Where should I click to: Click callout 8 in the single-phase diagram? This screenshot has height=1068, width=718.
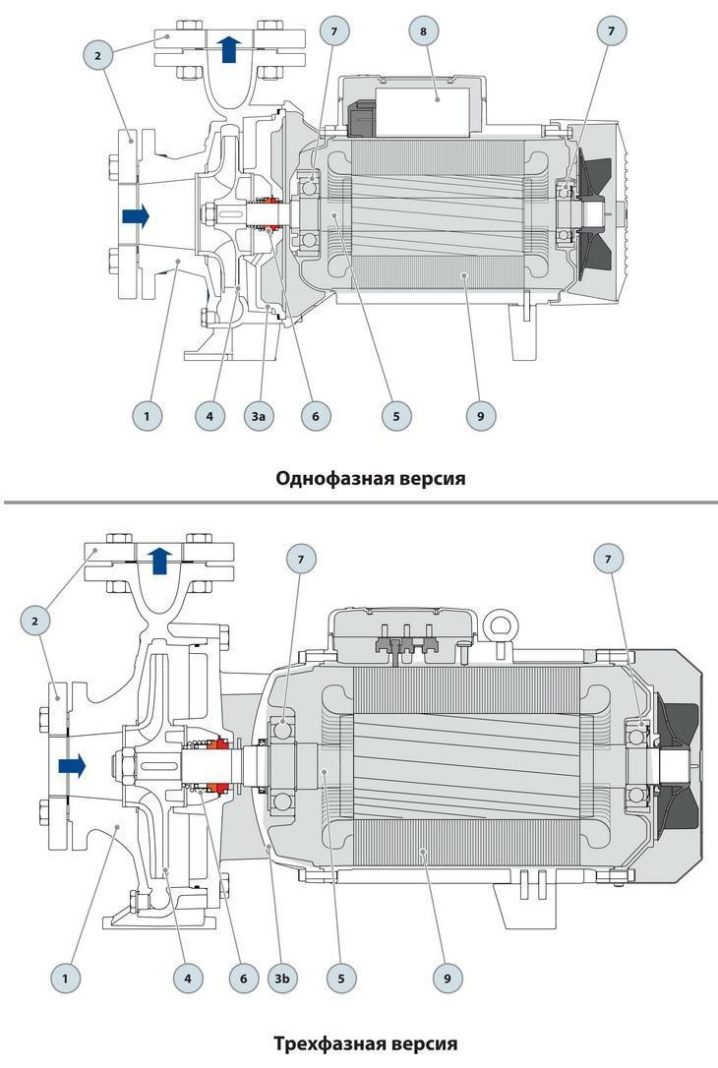coord(424,31)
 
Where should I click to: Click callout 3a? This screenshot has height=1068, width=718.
coord(259,416)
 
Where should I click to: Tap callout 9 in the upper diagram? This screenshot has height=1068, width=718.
coord(481,416)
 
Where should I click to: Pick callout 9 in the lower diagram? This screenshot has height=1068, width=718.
coord(447,979)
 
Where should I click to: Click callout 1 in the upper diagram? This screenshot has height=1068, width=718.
coord(147,416)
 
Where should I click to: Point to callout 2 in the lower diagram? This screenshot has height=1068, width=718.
coord(35,621)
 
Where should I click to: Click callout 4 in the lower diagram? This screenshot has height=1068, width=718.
coord(187,979)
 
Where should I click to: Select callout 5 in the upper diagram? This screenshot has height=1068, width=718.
coord(396,416)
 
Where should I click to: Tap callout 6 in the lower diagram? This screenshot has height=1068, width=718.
coord(242,979)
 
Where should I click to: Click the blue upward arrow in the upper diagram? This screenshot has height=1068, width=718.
coord(229,48)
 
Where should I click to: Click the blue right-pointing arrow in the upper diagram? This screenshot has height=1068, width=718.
coord(135,215)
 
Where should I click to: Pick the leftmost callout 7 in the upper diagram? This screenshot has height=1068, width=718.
coord(334,31)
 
